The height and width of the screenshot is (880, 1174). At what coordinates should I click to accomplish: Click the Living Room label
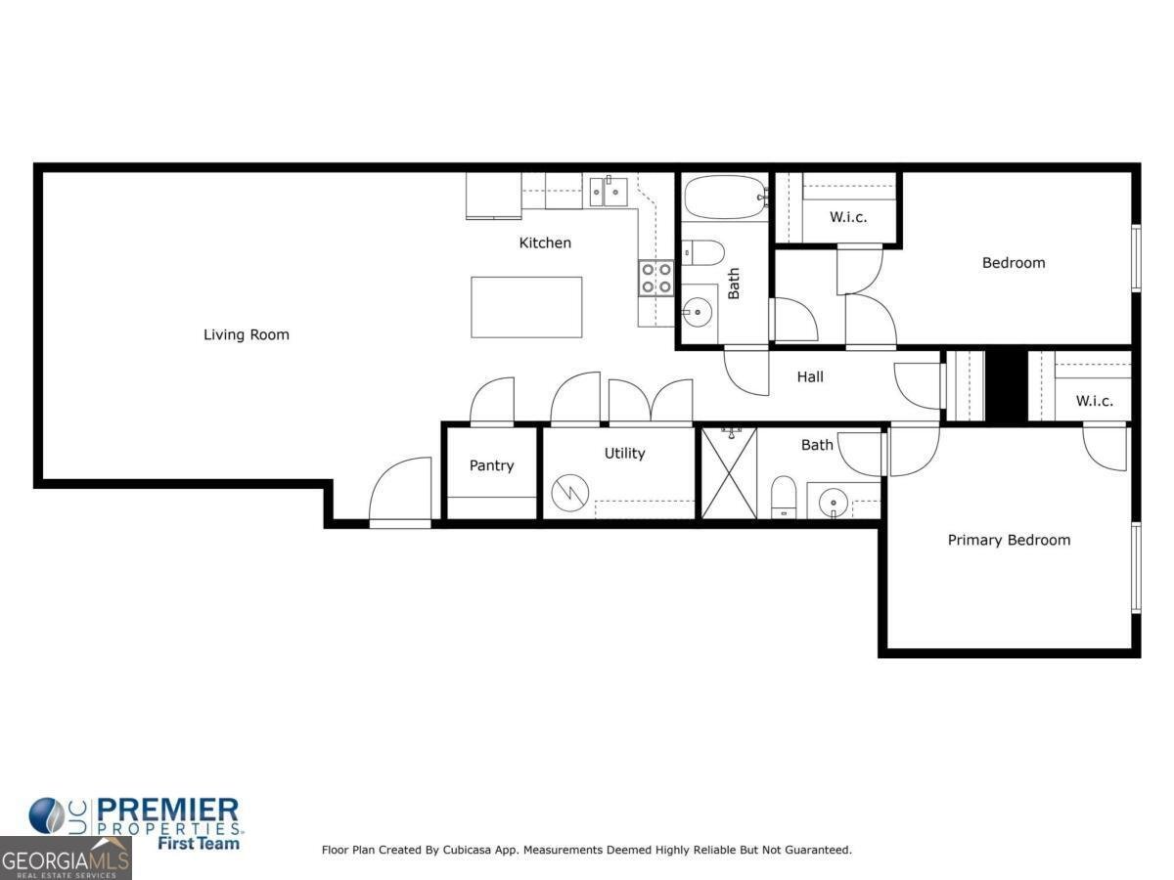[246, 334]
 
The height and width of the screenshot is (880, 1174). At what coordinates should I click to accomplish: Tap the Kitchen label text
[545, 242]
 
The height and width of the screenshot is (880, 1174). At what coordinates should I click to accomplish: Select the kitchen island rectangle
[526, 307]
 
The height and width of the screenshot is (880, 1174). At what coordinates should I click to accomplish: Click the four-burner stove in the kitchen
[656, 278]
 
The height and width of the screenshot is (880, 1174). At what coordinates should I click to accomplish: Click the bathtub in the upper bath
[724, 198]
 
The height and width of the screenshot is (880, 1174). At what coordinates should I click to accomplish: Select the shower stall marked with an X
[730, 472]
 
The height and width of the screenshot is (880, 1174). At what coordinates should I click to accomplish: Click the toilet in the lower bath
[784, 496]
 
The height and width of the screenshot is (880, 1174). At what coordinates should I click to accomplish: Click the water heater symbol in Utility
[566, 492]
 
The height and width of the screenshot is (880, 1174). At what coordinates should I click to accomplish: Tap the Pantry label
[491, 465]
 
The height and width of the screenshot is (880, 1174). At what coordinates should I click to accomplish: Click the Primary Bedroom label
[1009, 540]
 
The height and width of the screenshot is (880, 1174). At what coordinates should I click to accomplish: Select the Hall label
[810, 376]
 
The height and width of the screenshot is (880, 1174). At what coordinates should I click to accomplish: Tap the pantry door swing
[492, 402]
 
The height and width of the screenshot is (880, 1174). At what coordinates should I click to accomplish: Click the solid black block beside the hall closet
[1006, 385]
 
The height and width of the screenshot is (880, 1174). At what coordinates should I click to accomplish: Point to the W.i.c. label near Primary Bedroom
[1094, 401]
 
